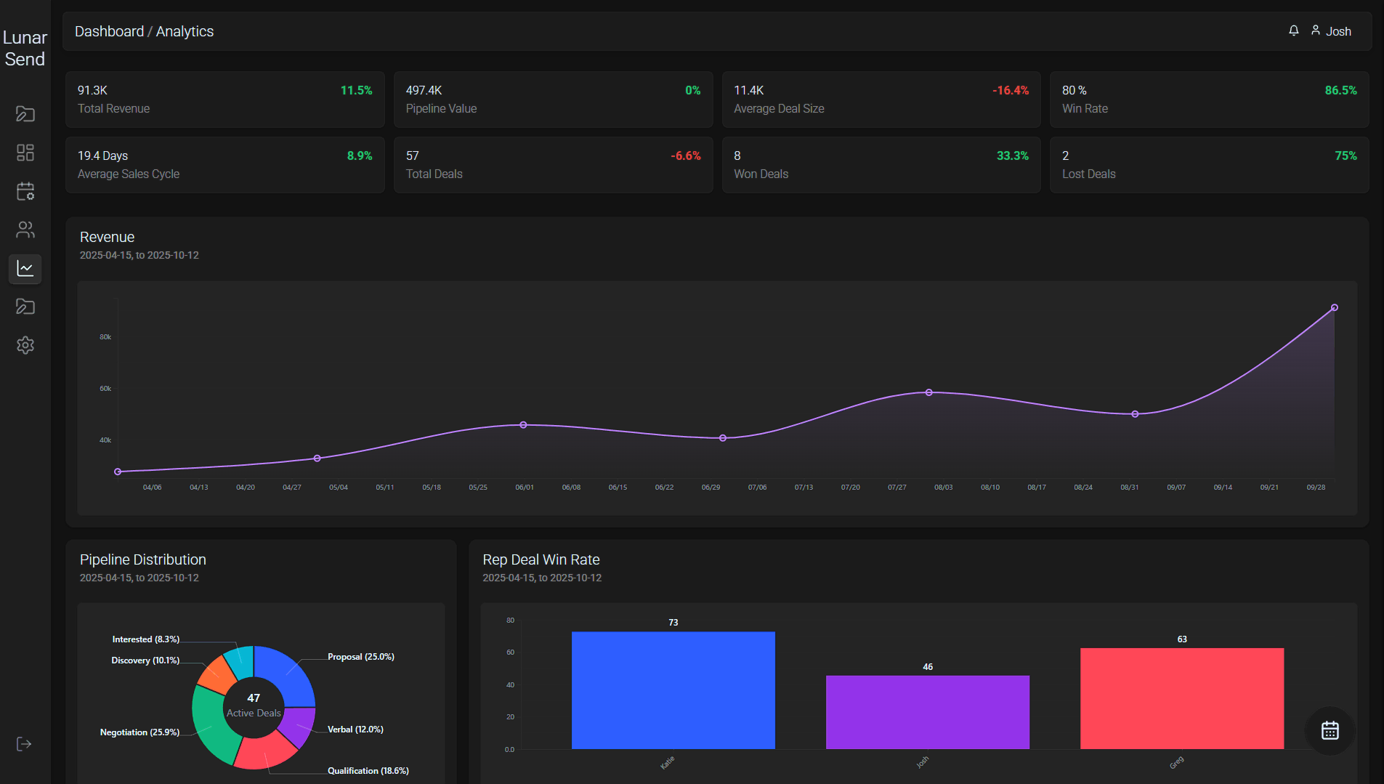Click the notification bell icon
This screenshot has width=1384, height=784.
coord(1294,31)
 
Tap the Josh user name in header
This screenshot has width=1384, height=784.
coord(1338,31)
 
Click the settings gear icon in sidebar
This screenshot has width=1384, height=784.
coord(25,345)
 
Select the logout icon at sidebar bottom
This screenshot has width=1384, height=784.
coord(24,744)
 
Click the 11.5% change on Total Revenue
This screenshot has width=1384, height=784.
coord(356,90)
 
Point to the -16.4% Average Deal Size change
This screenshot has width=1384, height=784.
coord(1010,90)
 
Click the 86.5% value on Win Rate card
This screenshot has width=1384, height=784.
coord(1340,90)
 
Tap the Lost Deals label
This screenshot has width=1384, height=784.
coord(1088,174)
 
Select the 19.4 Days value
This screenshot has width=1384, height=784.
coord(102,155)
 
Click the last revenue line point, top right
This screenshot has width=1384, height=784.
coord(1334,308)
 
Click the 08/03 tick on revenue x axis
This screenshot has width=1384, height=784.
coord(943,488)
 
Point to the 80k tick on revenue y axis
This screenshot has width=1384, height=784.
coord(105,337)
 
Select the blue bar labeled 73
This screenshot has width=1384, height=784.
coord(673,690)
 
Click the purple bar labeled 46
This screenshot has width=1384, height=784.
coord(927,711)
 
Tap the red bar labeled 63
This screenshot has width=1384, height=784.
coord(1181,698)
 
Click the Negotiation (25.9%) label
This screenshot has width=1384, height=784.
coord(139,732)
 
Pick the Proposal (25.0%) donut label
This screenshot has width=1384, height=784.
coord(360,657)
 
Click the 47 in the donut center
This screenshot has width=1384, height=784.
coord(254,698)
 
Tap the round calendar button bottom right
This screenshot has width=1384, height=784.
coord(1330,730)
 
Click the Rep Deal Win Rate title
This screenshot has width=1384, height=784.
coord(541,559)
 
